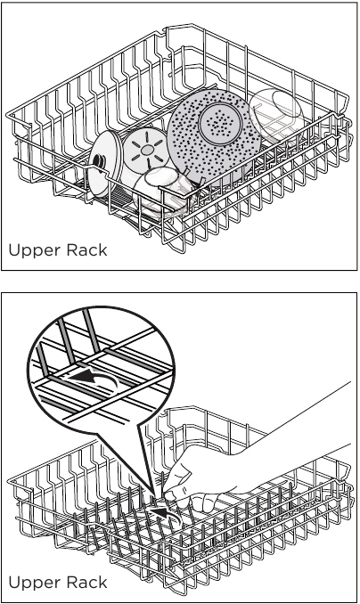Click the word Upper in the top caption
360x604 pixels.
[33, 250]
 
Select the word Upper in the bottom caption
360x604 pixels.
[33, 582]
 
